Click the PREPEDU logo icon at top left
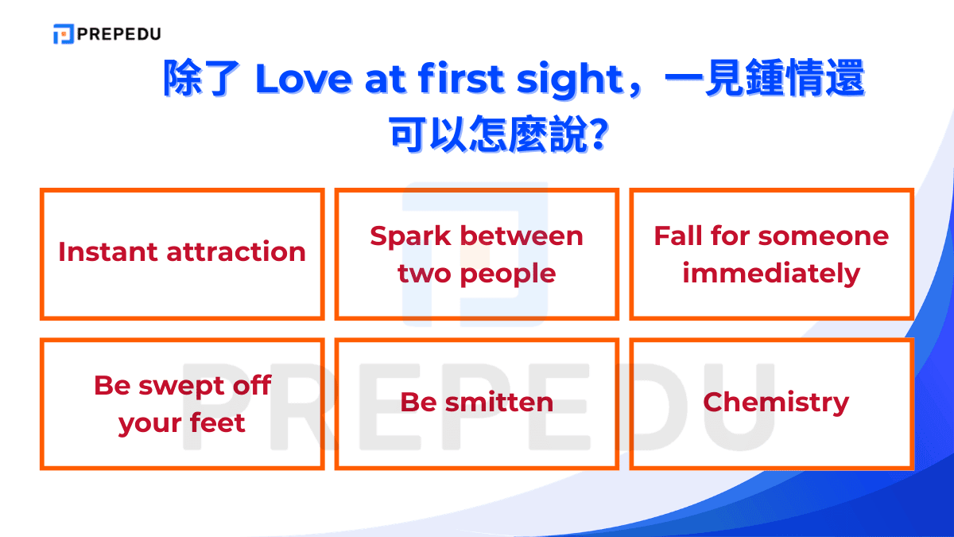(x=63, y=34)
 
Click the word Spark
(x=410, y=235)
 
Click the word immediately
(x=771, y=274)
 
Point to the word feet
(x=217, y=423)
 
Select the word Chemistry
(x=776, y=403)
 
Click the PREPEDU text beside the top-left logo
(x=118, y=34)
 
